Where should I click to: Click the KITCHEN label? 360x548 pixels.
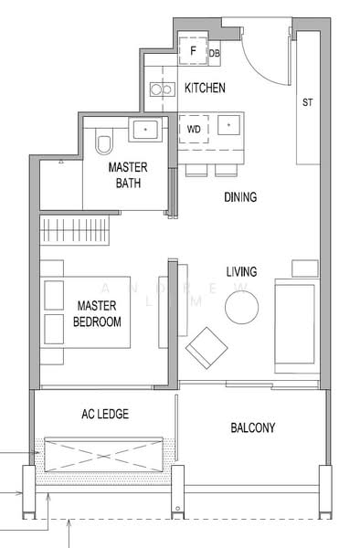pyautogui.click(x=205, y=88)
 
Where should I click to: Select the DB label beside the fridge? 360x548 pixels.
pyautogui.click(x=215, y=54)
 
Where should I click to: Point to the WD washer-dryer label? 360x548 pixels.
pyautogui.click(x=194, y=130)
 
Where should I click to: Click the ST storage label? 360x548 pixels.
pyautogui.click(x=307, y=102)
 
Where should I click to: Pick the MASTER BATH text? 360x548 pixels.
pyautogui.click(x=128, y=175)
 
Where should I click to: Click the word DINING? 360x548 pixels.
pyautogui.click(x=241, y=196)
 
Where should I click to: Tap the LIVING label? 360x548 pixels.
pyautogui.click(x=241, y=271)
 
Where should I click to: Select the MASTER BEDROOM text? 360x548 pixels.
pyautogui.click(x=99, y=313)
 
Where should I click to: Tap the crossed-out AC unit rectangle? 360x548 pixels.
pyautogui.click(x=101, y=453)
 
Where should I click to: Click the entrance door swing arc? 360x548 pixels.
pyautogui.click(x=265, y=55)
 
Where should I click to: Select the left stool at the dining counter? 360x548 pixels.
pyautogui.click(x=196, y=171)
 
